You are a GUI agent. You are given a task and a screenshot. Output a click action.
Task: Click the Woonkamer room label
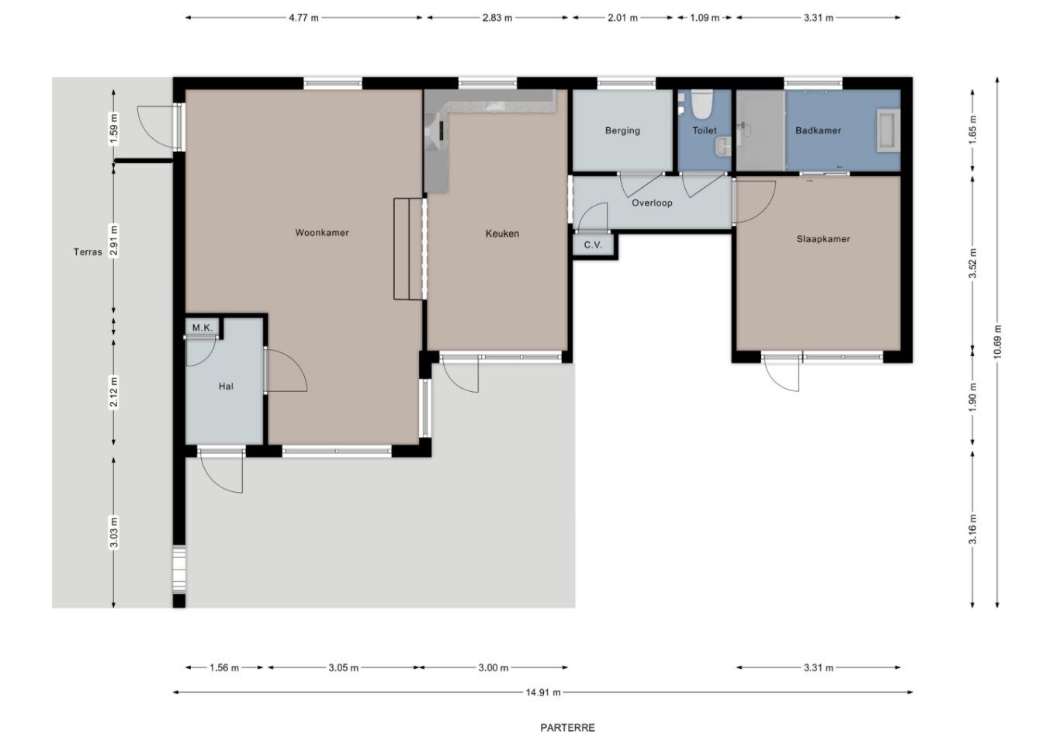point(321,233)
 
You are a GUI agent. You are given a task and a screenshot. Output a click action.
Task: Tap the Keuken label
point(502,234)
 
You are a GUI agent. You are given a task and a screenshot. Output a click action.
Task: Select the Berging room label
point(622,131)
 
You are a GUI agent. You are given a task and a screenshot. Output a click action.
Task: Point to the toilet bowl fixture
point(702,103)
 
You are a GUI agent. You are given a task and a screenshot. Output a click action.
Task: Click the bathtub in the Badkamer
point(887,130)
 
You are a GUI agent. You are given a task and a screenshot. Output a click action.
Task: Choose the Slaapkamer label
point(823,239)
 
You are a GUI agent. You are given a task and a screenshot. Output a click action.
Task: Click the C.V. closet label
point(593,245)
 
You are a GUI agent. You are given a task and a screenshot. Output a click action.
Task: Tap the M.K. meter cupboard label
point(203,328)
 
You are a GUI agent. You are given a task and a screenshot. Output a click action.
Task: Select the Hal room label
point(226,386)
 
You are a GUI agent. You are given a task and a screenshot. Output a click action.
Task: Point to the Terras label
point(88,252)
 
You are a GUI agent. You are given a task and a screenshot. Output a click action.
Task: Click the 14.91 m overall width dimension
point(542,692)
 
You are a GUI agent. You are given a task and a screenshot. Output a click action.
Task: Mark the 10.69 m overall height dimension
point(997,341)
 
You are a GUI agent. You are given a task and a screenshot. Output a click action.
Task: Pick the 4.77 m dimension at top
point(303,18)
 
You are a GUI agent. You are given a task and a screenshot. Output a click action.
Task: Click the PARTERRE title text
point(567,728)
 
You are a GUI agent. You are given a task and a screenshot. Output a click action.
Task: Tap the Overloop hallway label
point(652,203)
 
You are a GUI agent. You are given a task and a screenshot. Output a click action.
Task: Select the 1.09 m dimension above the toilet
point(705,18)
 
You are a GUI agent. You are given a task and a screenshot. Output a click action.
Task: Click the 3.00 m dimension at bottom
point(493,667)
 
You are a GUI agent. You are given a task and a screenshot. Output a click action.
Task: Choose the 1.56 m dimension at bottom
point(224,667)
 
